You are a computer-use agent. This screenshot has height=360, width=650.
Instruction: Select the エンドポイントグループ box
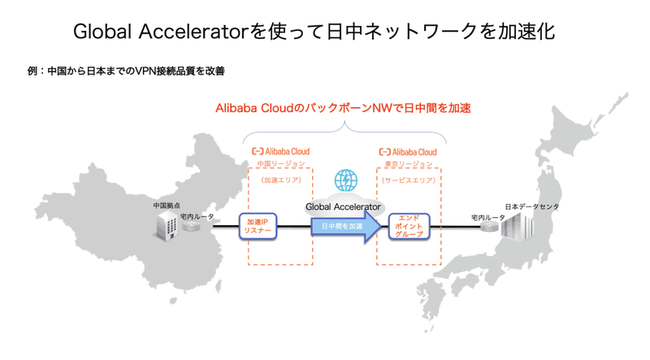coord(409,226)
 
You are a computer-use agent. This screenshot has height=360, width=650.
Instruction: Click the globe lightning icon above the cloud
coord(346,180)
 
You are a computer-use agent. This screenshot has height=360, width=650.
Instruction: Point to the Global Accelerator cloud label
coord(343,207)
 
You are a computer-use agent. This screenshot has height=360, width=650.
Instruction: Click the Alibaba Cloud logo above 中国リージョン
coord(280,151)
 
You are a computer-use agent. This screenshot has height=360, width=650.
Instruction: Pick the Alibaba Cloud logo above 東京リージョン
coord(408,151)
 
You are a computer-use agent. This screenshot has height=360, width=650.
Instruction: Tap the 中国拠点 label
coord(167,206)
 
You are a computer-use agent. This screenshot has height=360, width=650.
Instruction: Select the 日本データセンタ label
coord(532,207)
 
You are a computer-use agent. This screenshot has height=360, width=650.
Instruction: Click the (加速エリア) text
coord(280,180)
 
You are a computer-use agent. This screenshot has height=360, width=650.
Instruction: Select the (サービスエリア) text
coord(408,180)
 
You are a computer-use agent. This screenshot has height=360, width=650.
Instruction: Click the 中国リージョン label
coord(280,164)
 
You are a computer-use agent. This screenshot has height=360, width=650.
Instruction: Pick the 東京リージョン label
coord(408,164)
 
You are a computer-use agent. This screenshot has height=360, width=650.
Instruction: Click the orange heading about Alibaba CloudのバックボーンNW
coord(343,108)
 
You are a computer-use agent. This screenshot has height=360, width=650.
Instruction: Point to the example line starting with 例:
coord(126,72)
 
